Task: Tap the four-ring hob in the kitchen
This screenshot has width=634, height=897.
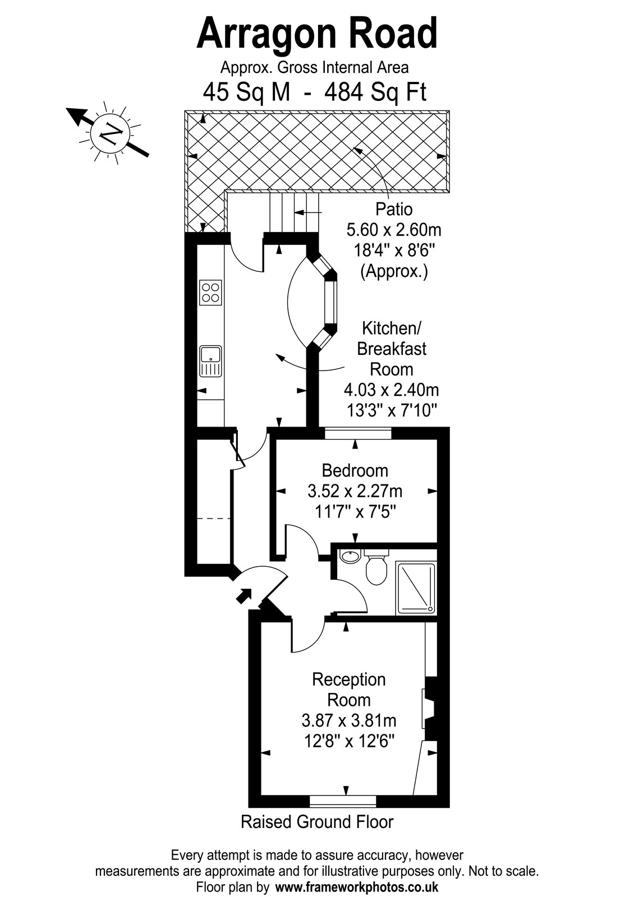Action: (x=210, y=292)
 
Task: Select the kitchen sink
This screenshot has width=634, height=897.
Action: (x=210, y=361)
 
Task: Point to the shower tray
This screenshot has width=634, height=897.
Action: (x=416, y=588)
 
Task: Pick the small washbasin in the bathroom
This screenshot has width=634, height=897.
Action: (x=350, y=556)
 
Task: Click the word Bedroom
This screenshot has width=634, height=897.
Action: (x=355, y=470)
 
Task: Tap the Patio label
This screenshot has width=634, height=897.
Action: (x=394, y=209)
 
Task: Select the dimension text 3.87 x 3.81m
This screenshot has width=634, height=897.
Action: (x=348, y=721)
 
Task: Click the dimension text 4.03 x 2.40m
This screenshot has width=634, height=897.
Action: (x=391, y=390)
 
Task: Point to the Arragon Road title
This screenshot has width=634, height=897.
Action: (x=316, y=34)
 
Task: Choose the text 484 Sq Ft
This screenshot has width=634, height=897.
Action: (x=375, y=92)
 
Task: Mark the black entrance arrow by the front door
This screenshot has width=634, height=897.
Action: (x=243, y=597)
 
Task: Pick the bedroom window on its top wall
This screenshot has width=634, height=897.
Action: (x=358, y=433)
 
